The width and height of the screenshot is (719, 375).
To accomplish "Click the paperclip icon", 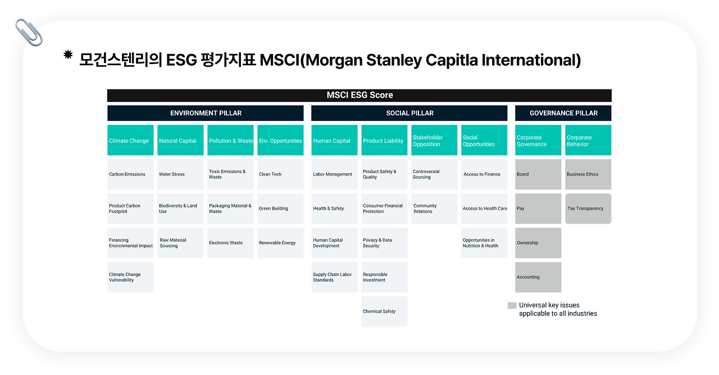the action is (x=29, y=32).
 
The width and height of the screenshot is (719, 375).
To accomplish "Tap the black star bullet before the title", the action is (x=68, y=55).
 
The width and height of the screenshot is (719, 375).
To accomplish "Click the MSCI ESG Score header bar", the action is (x=359, y=96).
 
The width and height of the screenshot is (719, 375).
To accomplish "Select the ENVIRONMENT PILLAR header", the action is (x=206, y=113).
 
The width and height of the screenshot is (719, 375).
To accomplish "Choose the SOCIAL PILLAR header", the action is (x=409, y=113).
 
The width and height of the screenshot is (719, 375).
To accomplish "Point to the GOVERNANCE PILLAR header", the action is (x=563, y=113).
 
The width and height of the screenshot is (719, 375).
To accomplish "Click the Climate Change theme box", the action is (x=130, y=141).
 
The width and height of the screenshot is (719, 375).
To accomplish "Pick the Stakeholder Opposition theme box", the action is (x=434, y=141).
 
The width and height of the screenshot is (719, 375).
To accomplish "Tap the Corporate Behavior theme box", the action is (x=588, y=141).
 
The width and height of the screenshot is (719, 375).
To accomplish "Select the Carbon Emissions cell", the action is (x=130, y=174).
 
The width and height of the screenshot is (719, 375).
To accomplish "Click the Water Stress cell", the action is (x=180, y=174).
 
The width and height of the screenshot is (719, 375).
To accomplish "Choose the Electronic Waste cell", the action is (x=230, y=243).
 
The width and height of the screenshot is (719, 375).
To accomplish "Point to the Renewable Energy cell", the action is (x=280, y=243).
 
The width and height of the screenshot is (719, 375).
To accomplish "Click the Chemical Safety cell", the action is (x=384, y=311).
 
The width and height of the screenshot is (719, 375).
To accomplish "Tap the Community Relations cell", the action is (x=434, y=209).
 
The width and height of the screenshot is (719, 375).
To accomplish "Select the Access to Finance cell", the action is (x=484, y=174).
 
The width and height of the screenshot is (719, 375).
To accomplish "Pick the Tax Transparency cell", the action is (x=588, y=209).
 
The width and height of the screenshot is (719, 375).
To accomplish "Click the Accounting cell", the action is (x=538, y=277).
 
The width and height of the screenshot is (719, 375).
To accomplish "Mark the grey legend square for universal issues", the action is (x=512, y=305).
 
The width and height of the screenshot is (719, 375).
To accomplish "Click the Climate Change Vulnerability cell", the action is (x=130, y=277).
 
